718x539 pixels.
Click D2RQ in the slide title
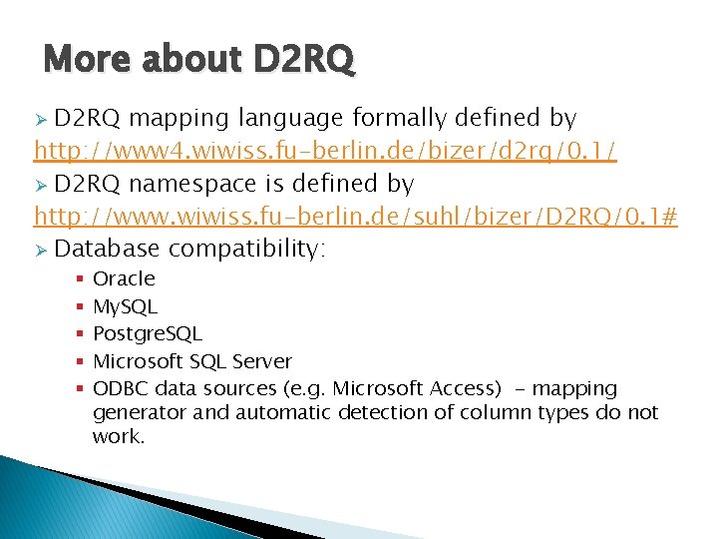point(303,61)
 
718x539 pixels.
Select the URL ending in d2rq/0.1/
point(325,151)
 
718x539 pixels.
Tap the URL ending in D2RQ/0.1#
point(356,216)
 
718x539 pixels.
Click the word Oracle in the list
point(124,278)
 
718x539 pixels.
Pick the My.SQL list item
point(125,306)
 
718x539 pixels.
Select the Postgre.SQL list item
point(147,333)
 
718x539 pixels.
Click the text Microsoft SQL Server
point(191,360)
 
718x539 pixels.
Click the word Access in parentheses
point(465,388)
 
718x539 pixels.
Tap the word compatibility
point(246,249)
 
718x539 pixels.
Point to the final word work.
point(119,436)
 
